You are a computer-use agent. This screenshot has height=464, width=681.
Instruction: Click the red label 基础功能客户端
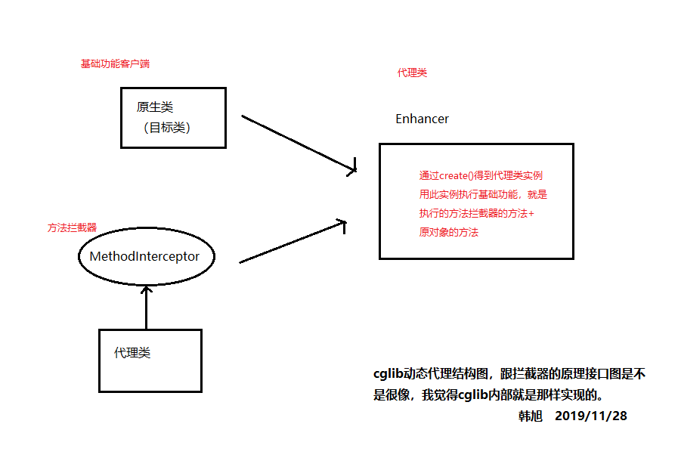[x=115, y=63]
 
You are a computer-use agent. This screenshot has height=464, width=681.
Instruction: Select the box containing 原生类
[x=173, y=117]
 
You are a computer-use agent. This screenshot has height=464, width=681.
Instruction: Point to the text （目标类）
[x=167, y=128]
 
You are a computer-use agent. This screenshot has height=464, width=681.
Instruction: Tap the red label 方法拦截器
[x=72, y=227]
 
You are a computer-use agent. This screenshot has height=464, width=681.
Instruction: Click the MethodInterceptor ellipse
[x=146, y=257]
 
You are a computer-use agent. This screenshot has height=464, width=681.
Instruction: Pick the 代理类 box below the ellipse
[x=150, y=360]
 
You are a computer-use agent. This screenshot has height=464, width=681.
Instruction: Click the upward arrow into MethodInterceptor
[x=147, y=307]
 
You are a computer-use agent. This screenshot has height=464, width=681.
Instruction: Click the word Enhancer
[x=422, y=119]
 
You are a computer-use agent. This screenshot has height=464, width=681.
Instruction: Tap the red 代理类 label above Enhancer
[x=412, y=73]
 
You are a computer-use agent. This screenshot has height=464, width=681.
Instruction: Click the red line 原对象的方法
[x=449, y=233]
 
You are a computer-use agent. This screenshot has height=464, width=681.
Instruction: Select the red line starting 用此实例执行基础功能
[x=483, y=194]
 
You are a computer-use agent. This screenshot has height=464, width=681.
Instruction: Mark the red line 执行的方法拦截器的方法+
[x=476, y=214]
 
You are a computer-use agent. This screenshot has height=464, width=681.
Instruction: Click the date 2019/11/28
[x=590, y=416]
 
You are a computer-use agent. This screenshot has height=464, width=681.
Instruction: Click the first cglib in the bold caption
[x=388, y=373]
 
